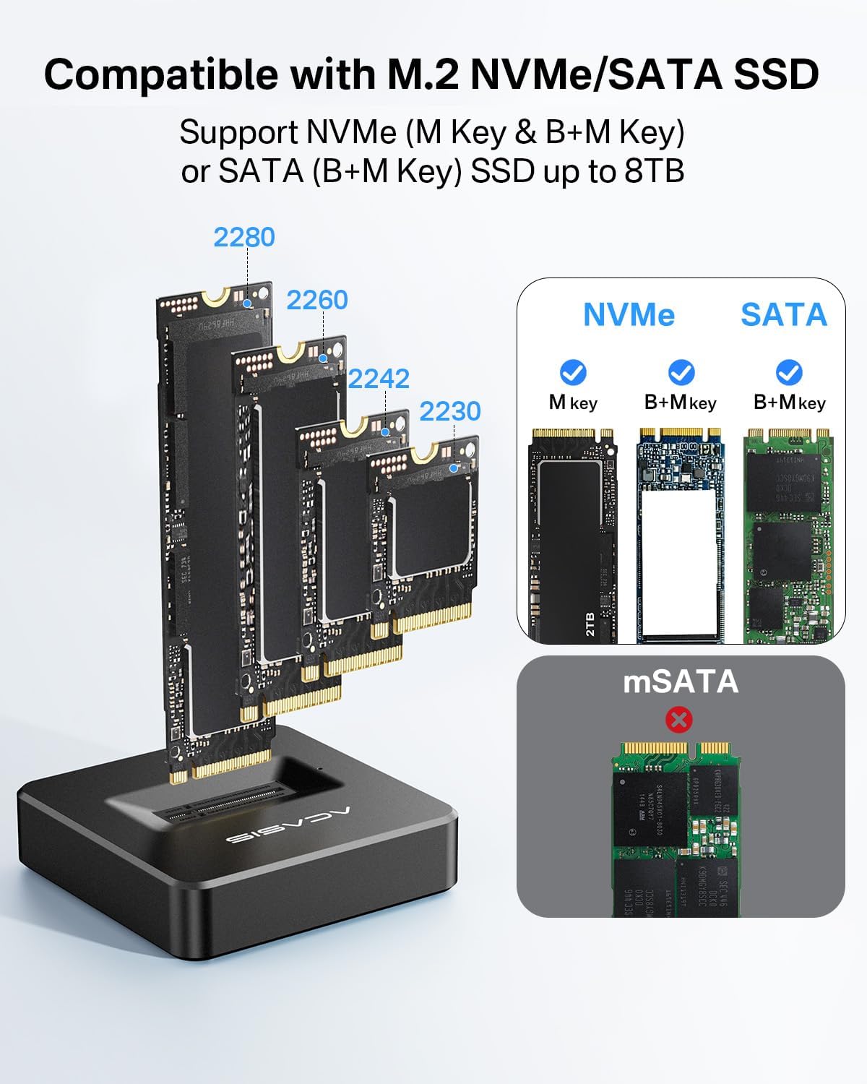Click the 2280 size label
coord(244,237)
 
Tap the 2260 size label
coord(317,300)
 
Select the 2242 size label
coord(379,379)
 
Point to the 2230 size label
coord(450,411)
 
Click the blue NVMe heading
coord(629,314)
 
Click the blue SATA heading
coord(784,314)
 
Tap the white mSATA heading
coord(681,681)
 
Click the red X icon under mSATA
coord(679,719)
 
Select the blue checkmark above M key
coord(573,373)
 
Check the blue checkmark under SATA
coord(788,373)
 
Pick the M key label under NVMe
coord(573,403)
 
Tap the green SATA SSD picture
coord(788,535)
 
